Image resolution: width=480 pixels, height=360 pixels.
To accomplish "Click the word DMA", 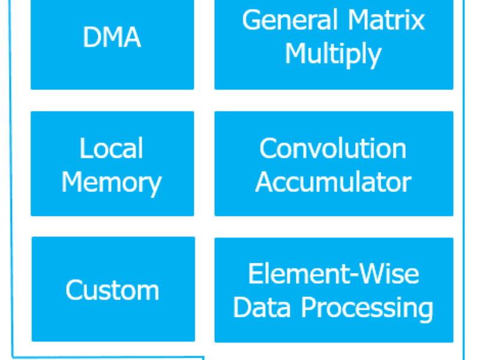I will click(112, 38).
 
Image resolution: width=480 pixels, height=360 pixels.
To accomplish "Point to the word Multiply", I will click(333, 55).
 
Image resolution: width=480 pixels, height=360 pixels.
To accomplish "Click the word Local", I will click(112, 148).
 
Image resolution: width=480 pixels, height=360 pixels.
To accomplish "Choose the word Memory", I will click(112, 182).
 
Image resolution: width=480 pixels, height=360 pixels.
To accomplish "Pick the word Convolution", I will click(333, 148).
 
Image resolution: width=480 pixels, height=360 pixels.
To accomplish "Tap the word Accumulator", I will click(333, 182).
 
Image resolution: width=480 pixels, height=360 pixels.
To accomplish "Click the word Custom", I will click(112, 290).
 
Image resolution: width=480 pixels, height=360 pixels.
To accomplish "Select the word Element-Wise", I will click(333, 274).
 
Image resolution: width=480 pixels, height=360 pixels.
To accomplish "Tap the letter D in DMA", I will click(91, 38).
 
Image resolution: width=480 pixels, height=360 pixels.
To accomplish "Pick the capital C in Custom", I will click(74, 290).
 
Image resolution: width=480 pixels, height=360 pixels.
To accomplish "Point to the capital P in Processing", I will click(308, 308).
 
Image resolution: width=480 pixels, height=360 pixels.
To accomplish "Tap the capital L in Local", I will click(85, 148).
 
